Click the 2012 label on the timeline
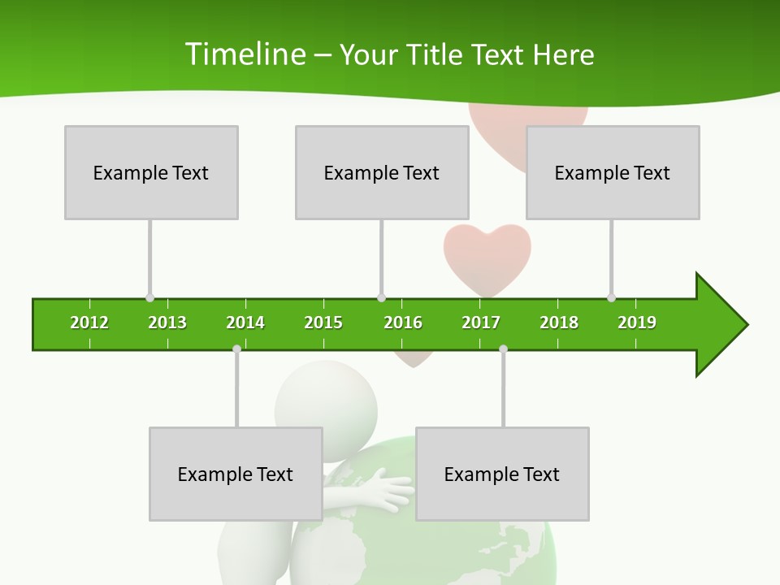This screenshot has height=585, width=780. pos(89,323)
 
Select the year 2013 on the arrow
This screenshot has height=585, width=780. pos(167,323)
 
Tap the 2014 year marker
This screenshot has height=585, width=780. pos(245,323)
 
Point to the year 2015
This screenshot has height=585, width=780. pos(323,323)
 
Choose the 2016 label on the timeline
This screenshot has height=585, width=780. pos(403,323)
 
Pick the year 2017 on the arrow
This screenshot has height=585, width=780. pos(481,323)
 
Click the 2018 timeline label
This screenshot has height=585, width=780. pos(559,323)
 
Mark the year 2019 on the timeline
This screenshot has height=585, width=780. pos(637,323)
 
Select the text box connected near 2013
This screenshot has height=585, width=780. pos(151,172)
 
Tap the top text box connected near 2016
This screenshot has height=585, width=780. pos(382,172)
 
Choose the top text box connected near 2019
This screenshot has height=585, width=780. pos(613,172)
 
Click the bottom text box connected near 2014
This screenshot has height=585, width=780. pos(236,474)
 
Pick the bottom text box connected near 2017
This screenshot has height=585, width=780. pos(502,474)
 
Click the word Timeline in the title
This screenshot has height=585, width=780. pos(245,54)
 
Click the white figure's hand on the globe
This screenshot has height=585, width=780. pos(394,492)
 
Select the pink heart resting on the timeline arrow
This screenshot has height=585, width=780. pos(487,258)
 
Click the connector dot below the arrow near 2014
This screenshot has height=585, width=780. pos(236,349)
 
